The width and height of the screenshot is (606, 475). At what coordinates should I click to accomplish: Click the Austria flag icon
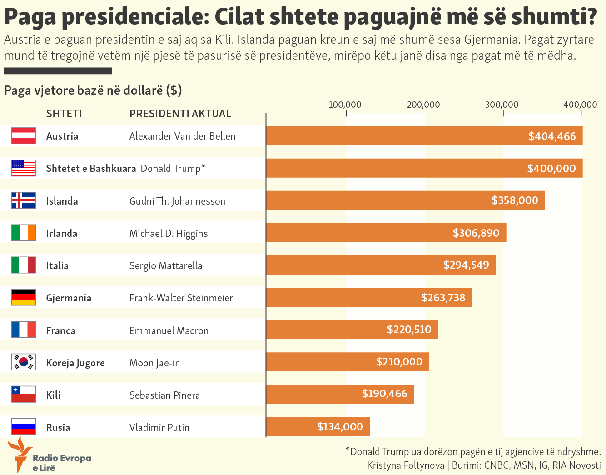point(24,136)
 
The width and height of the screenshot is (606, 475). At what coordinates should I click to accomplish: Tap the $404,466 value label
point(551,136)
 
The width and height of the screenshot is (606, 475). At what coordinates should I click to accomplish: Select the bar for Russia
point(318,427)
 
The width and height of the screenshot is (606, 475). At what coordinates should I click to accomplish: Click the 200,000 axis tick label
point(423,105)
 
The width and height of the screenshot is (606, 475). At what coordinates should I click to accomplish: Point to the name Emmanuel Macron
point(169,330)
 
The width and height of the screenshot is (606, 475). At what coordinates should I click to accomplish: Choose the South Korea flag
point(24,362)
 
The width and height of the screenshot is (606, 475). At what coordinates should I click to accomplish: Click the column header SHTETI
point(64,114)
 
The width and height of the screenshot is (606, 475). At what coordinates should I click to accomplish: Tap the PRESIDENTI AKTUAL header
point(180,114)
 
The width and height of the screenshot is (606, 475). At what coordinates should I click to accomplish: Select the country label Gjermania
point(69,298)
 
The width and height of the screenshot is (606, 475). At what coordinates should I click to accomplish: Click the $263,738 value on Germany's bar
point(443,298)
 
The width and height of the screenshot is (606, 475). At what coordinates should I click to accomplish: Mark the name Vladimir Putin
point(159,427)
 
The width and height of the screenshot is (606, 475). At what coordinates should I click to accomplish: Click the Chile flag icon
point(24,395)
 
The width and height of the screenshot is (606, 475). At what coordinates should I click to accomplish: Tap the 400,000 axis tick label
point(580,105)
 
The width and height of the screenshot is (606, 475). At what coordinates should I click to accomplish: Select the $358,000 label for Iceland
point(514,200)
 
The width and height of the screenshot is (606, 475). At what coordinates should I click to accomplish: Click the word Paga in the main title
point(30,16)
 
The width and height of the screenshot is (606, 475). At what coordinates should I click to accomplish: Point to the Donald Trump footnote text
point(473,451)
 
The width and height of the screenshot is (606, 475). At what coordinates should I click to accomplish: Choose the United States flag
point(24,168)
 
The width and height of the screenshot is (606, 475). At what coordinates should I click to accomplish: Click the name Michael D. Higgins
point(168,233)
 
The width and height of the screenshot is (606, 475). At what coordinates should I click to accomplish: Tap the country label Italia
point(57,265)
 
